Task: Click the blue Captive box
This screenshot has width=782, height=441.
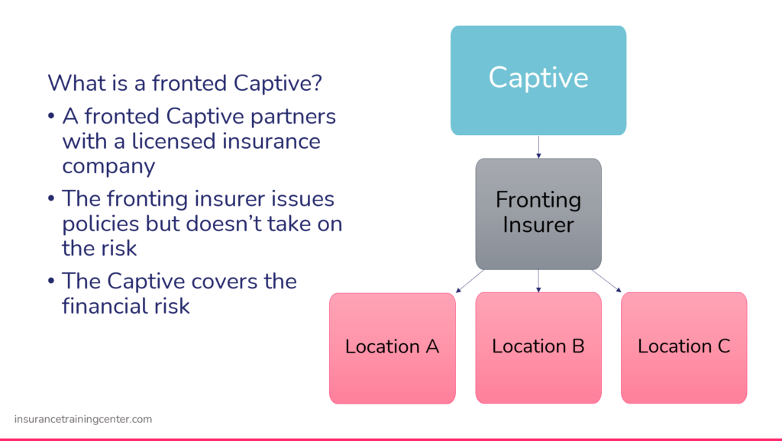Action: [538, 80]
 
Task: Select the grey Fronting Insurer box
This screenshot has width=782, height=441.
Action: [538, 213]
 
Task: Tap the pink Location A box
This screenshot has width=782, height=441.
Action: [392, 347]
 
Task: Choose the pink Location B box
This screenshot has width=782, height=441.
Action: [538, 347]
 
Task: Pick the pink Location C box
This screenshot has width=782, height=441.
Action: [683, 347]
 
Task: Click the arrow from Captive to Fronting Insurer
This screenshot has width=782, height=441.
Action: [538, 146]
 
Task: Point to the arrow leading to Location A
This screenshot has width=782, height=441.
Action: [470, 281]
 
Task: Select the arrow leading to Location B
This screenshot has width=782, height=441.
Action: [538, 281]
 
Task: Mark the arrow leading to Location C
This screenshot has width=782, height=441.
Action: [607, 281]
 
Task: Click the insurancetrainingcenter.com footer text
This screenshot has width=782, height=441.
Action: [83, 419]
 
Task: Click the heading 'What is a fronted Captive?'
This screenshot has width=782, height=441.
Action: [184, 82]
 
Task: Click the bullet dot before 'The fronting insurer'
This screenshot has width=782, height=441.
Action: [51, 199]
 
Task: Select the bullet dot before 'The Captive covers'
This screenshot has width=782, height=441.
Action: [51, 282]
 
